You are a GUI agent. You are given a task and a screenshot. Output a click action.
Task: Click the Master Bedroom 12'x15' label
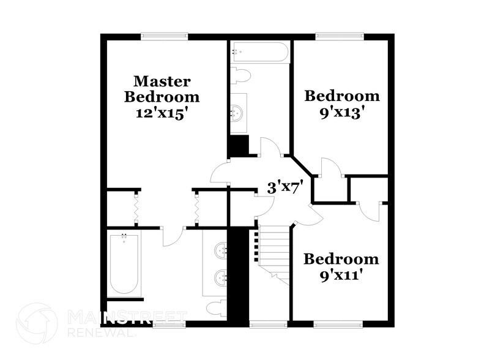click(162, 97)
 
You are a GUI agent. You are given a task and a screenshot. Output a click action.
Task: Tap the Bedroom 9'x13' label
click(342, 103)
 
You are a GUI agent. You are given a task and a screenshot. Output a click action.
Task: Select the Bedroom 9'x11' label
click(341, 266)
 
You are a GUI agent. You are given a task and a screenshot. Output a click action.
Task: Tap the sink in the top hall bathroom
click(237, 112)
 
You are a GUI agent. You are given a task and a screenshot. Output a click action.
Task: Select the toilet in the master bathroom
click(215, 307)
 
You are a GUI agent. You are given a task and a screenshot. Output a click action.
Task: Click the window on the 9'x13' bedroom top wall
click(340, 36)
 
